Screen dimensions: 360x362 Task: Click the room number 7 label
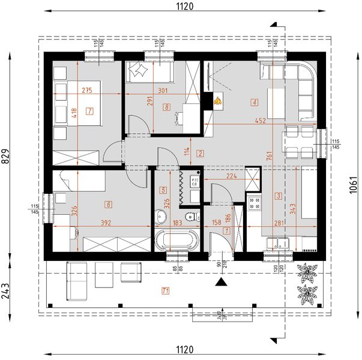(x=89, y=111)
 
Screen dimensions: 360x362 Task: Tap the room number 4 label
(x=255, y=103)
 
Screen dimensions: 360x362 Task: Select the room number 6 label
(x=109, y=203)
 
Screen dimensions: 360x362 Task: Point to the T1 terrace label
(x=166, y=292)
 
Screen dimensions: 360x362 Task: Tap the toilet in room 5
(x=190, y=216)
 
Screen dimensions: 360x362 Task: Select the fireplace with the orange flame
(x=217, y=101)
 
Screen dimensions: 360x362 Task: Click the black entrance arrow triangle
(x=222, y=281)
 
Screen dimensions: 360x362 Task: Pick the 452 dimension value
(x=261, y=120)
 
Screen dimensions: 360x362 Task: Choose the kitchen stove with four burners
(x=253, y=203)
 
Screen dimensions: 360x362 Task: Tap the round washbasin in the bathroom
(x=161, y=216)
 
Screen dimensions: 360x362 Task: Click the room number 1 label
(x=226, y=230)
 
